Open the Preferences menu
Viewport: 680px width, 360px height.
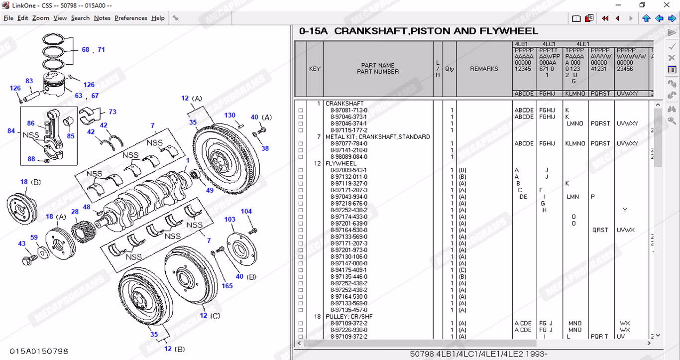click(131, 18)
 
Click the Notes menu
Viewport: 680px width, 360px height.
click(102, 18)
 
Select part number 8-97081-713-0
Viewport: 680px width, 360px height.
click(349, 110)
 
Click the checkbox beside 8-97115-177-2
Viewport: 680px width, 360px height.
click(301, 130)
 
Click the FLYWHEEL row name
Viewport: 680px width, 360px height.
click(341, 163)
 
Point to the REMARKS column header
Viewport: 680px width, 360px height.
click(484, 69)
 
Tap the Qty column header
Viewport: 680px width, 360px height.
click(450, 69)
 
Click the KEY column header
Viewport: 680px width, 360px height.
click(315, 69)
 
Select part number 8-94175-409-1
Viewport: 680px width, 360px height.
click(349, 270)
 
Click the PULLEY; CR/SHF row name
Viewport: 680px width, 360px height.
click(349, 317)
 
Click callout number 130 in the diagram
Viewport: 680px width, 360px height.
click(229, 116)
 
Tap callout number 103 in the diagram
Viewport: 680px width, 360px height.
click(229, 219)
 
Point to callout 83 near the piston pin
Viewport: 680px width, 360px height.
click(29, 81)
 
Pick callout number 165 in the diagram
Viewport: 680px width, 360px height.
click(227, 286)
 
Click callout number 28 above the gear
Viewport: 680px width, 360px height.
click(75, 212)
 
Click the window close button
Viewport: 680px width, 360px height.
click(667, 5)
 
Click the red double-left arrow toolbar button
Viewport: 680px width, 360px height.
click(605, 18)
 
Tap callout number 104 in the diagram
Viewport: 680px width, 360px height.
click(246, 212)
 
